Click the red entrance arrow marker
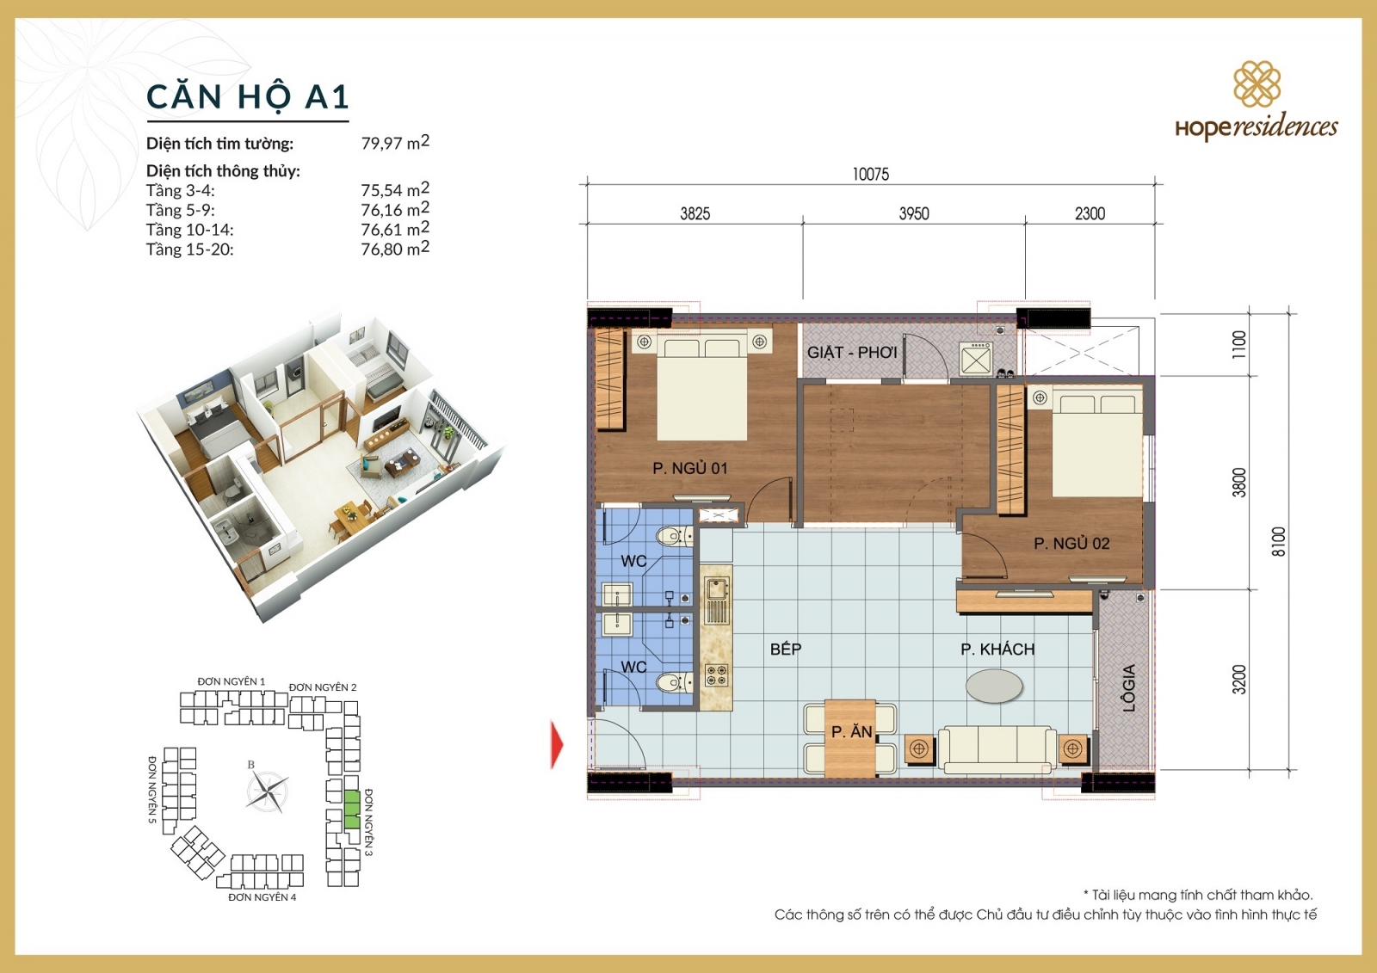coord(557,743)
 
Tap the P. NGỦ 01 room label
coord(689,468)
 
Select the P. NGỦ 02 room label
coord(1071,544)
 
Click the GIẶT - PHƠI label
coord(851,352)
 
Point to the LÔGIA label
coord(1129,687)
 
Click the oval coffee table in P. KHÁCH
coord(994,686)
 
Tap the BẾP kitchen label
coord(785,649)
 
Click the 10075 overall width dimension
coord(870,174)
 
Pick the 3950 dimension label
coord(913,213)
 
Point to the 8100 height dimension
coord(1278,541)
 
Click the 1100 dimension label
coord(1238,344)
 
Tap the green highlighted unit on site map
coord(351,809)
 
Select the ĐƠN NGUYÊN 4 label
coord(262,897)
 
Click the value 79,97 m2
coord(394,142)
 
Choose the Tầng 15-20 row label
coord(189,249)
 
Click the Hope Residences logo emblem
coord(1257,83)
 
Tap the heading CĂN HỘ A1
coord(247,96)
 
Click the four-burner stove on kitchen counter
coord(716,675)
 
